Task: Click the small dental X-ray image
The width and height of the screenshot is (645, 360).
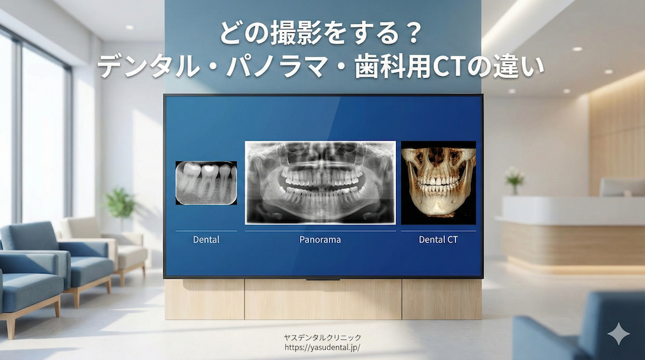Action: pos(206,183)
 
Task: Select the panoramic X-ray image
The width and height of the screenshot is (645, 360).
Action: pos(320,182)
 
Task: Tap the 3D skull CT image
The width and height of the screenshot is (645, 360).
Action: pos(439,183)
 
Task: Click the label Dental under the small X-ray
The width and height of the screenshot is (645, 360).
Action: pos(206,239)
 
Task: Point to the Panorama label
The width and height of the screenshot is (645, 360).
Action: pos(320,239)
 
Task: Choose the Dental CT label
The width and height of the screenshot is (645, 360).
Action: pos(439,239)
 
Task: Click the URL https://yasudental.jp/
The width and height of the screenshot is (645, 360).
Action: pos(322,347)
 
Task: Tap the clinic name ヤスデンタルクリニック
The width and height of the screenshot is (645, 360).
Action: pos(322,337)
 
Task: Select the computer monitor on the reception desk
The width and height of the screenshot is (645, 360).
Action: pos(621,187)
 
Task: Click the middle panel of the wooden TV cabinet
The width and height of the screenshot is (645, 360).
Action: pos(322,299)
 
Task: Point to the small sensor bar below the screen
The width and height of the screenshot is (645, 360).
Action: pos(322,279)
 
